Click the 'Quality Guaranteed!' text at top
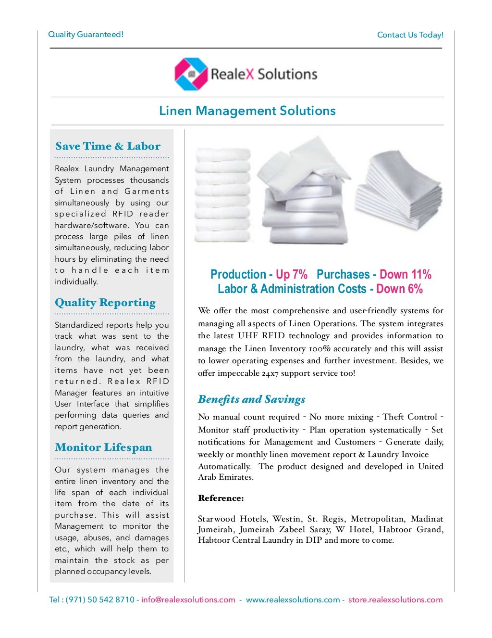[x=86, y=35]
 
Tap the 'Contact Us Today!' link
[x=410, y=35]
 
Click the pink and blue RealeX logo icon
[x=191, y=74]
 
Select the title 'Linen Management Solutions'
[x=247, y=111]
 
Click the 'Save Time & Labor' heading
[x=108, y=146]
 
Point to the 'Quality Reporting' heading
[x=105, y=303]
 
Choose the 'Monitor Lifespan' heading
[x=103, y=447]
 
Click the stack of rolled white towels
[x=222, y=195]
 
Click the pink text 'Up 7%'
[x=292, y=275]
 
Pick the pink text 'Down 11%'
[x=405, y=275]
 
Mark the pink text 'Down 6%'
[x=399, y=289]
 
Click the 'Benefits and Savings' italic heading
[x=251, y=399]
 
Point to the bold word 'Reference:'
[x=221, y=498]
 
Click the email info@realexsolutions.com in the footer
[x=188, y=600]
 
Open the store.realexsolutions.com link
[x=395, y=600]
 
